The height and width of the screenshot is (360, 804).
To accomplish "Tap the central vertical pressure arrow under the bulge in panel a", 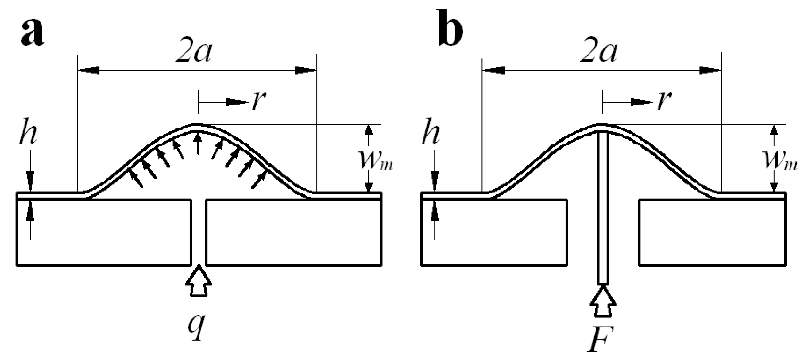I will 197,143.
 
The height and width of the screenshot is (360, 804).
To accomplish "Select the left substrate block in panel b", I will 494,232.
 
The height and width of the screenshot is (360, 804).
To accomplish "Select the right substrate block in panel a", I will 293,232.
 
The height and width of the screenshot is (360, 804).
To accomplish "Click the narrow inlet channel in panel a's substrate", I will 199,232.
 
